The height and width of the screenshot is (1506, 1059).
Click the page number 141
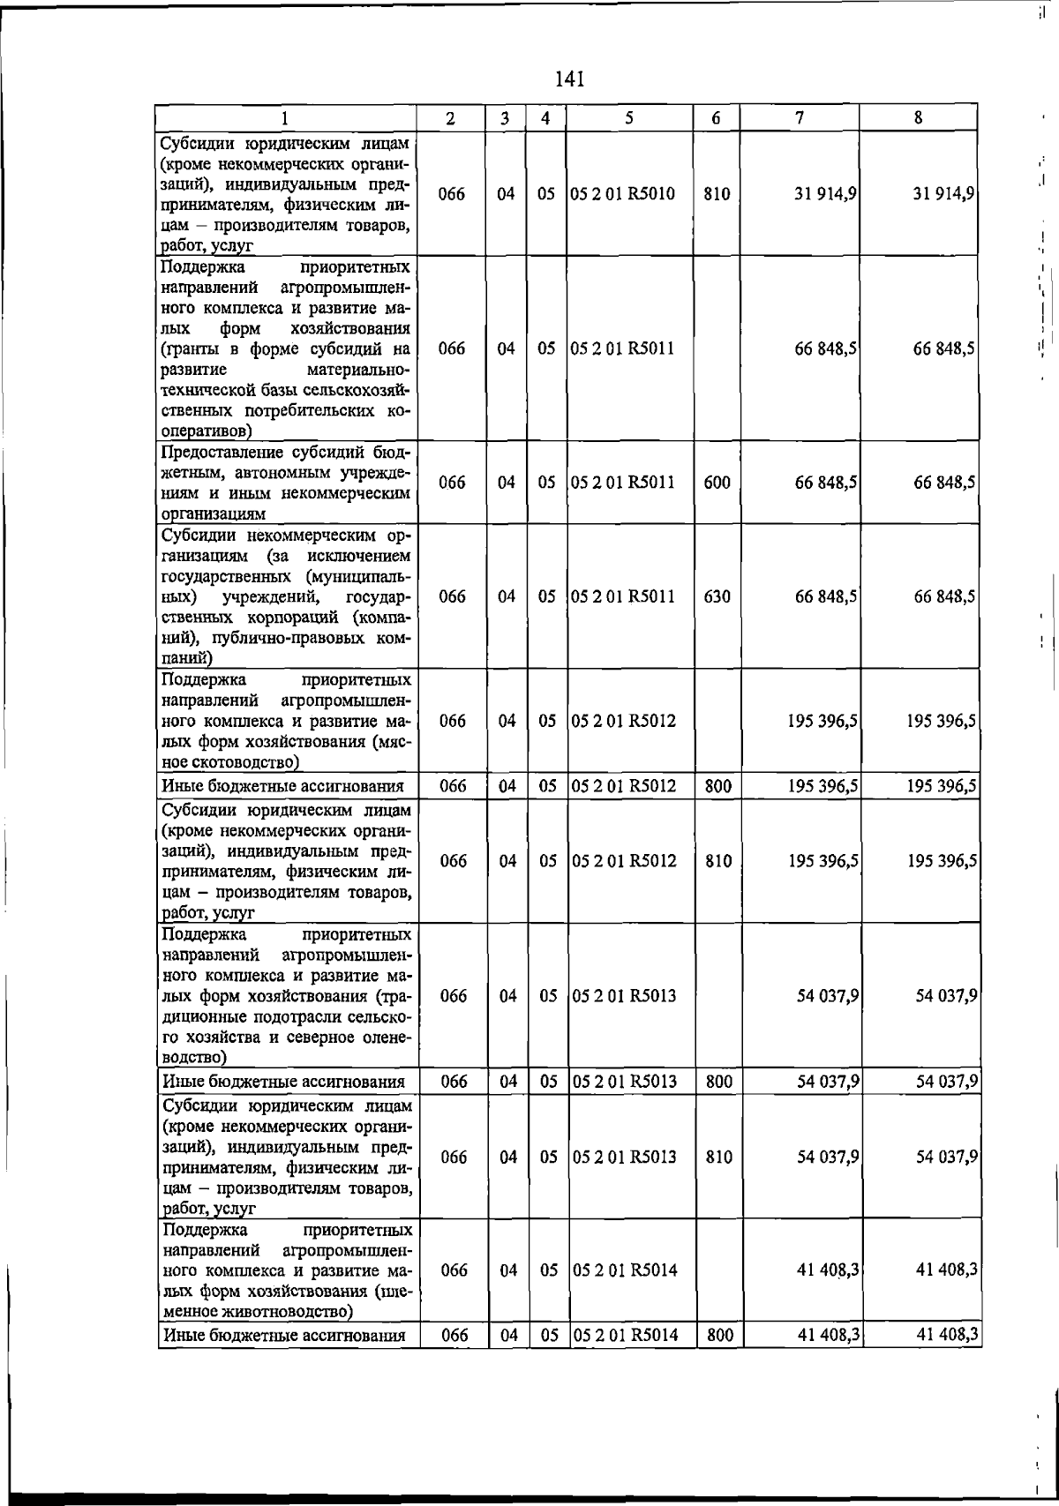pyautogui.click(x=570, y=79)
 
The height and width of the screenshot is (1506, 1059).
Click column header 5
pyautogui.click(x=628, y=117)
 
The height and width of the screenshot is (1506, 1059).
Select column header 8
pyautogui.click(x=918, y=117)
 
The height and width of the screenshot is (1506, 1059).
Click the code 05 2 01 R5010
pyautogui.click(x=622, y=193)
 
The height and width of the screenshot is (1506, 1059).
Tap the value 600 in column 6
pyautogui.click(x=717, y=483)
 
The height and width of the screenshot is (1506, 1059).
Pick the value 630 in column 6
pyautogui.click(x=717, y=596)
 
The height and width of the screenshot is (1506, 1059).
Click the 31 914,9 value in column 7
pyautogui.click(x=828, y=193)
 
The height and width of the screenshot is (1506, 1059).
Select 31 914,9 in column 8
pyautogui.click(x=944, y=193)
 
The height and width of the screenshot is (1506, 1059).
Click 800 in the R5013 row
pyautogui.click(x=719, y=1081)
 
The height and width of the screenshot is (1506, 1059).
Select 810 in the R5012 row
pyautogui.click(x=718, y=860)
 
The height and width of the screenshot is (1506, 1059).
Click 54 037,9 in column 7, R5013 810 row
pyautogui.click(x=829, y=1157)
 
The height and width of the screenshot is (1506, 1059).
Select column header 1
pyautogui.click(x=285, y=117)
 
